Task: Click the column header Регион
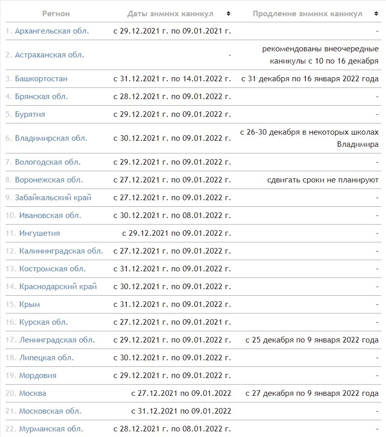tap(56, 14)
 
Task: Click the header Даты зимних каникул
tap(170, 14)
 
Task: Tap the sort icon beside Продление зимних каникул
tap(375, 14)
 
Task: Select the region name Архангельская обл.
tap(52, 31)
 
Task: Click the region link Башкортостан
tap(41, 79)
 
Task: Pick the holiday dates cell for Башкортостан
tap(172, 79)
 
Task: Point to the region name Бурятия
tap(30, 114)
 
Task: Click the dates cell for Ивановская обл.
tap(172, 215)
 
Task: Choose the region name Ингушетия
tap(40, 233)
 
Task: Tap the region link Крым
tap(29, 304)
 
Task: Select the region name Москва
tap(32, 393)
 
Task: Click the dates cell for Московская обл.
tap(181, 411)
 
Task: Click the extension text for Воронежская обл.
tap(323, 180)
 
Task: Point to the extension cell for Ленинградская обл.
tap(312, 340)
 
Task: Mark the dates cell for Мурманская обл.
tap(172, 429)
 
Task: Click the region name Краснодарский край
tap(58, 287)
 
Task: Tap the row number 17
tap(11, 340)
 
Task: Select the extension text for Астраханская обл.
tap(321, 55)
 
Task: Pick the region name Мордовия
tap(38, 376)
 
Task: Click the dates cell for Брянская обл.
tap(172, 97)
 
